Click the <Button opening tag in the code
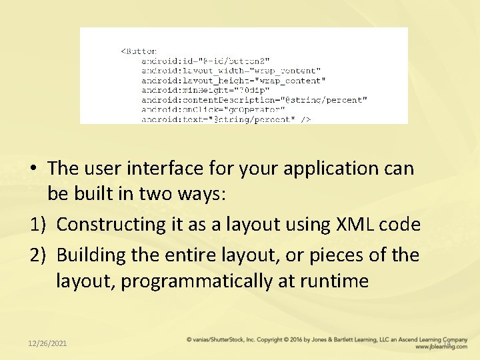click(139, 51)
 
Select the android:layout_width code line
click(231, 71)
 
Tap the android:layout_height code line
click(233, 81)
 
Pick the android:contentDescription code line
click(254, 100)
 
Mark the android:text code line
click(225, 119)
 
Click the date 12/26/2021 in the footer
click(47, 343)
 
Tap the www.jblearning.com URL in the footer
click(441, 347)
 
